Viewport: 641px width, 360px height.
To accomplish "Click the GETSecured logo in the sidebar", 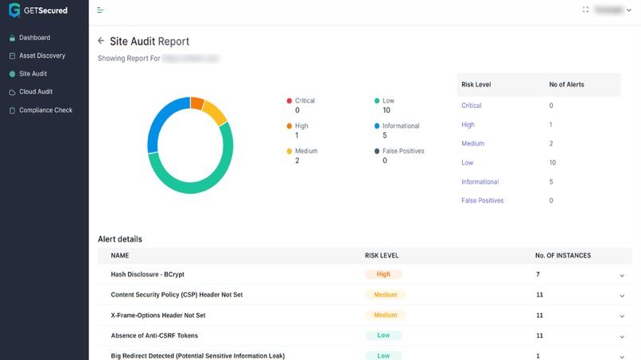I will point(38,10).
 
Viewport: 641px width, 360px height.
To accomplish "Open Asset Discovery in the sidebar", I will point(42,56).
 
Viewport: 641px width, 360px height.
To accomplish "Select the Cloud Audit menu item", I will point(36,92).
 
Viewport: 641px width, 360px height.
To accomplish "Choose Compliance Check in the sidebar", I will point(45,110).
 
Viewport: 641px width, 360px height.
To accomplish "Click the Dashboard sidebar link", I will point(34,37).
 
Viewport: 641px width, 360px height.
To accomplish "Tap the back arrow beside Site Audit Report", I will point(101,41).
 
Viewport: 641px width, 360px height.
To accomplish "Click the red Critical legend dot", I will point(289,101).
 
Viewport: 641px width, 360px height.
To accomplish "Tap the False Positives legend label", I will point(403,151).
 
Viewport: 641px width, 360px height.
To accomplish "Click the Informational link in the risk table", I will point(480,182).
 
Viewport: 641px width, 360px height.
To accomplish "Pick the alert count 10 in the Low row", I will point(553,163).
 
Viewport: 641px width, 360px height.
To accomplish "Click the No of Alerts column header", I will point(566,84).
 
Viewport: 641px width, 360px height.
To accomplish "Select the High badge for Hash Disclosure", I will point(383,274).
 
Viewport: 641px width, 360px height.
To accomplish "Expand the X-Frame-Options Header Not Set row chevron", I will point(622,316).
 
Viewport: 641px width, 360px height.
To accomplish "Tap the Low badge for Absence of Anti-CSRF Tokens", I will point(383,335).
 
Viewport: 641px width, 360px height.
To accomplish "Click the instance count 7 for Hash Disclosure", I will point(538,274).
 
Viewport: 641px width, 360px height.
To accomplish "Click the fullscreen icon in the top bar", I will point(585,10).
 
